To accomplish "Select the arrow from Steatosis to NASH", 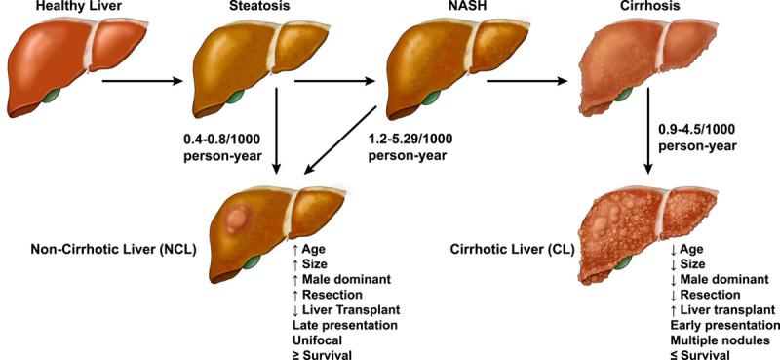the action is coord(331,83).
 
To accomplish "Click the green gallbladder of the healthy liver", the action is coord(52,99).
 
